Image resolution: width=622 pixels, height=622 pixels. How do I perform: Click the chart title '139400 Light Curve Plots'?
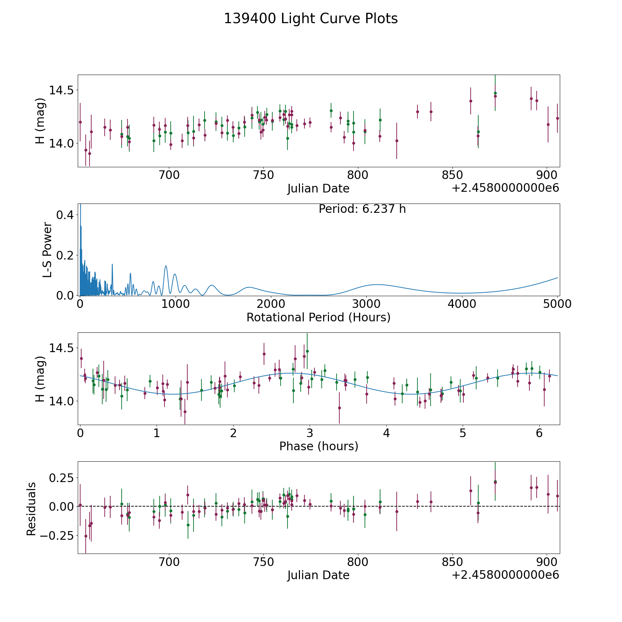(x=311, y=19)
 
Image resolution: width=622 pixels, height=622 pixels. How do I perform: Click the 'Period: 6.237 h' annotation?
(x=362, y=209)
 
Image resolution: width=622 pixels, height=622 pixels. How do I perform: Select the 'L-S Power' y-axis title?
(x=47, y=249)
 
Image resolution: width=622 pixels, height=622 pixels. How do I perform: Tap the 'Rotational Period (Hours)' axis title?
(x=318, y=317)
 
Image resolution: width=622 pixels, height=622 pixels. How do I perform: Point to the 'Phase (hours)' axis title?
(x=319, y=446)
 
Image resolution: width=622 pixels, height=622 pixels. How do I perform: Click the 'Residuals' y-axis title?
(x=31, y=509)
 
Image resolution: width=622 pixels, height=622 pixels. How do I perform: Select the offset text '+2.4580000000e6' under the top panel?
(x=506, y=188)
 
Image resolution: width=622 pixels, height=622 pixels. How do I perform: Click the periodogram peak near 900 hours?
(x=166, y=266)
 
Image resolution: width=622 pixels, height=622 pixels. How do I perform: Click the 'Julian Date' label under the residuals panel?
(x=318, y=575)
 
